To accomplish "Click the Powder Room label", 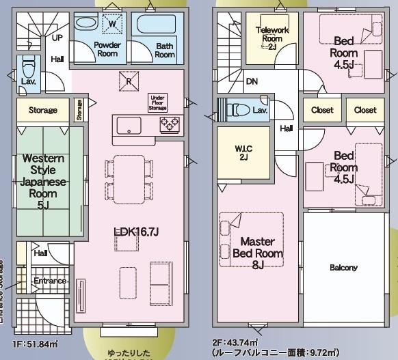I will click(x=107, y=49).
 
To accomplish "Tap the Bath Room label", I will click(x=165, y=50).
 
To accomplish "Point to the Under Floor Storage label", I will click(x=157, y=102).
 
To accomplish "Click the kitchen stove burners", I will click(x=169, y=124).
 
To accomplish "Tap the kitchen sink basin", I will click(x=128, y=124).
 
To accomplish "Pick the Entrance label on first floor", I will click(x=50, y=281).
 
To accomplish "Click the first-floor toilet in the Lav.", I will click(x=29, y=68).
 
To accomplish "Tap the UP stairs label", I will click(x=57, y=38).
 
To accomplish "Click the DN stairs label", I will click(x=252, y=81).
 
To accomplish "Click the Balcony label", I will click(x=343, y=268).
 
